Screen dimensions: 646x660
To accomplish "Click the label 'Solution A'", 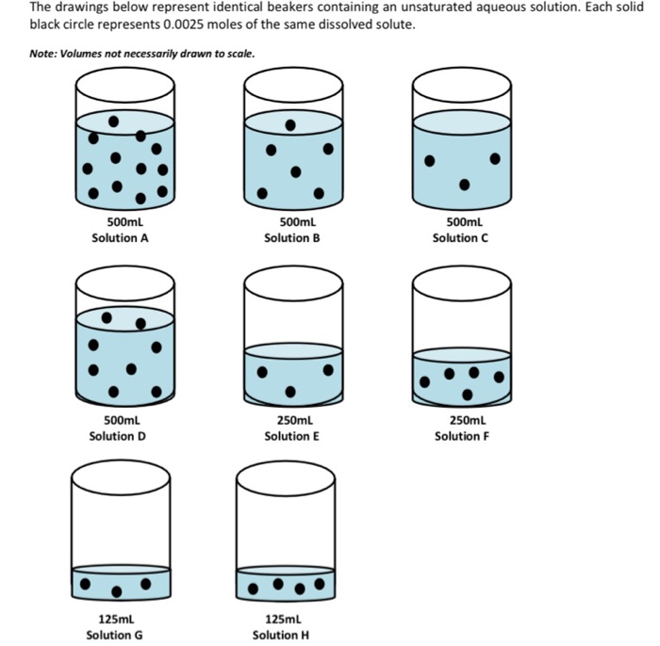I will pos(120,238).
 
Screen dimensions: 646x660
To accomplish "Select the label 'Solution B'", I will pos(292,238).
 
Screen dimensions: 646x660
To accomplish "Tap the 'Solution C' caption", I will pos(460,238).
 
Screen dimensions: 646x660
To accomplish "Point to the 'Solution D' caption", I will pos(117,436).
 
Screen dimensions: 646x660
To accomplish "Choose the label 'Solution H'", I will pos(281,635).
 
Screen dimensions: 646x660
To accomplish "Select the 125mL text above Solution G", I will pos(117,619).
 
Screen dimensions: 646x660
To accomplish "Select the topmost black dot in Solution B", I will pos(290,124).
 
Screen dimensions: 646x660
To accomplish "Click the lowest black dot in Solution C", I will pos(464,185).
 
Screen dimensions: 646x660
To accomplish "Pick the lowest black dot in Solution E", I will pos(290,391).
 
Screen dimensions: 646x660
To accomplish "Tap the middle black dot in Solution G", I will pos(117,591).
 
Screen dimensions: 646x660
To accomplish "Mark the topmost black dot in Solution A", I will pos(114,121).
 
